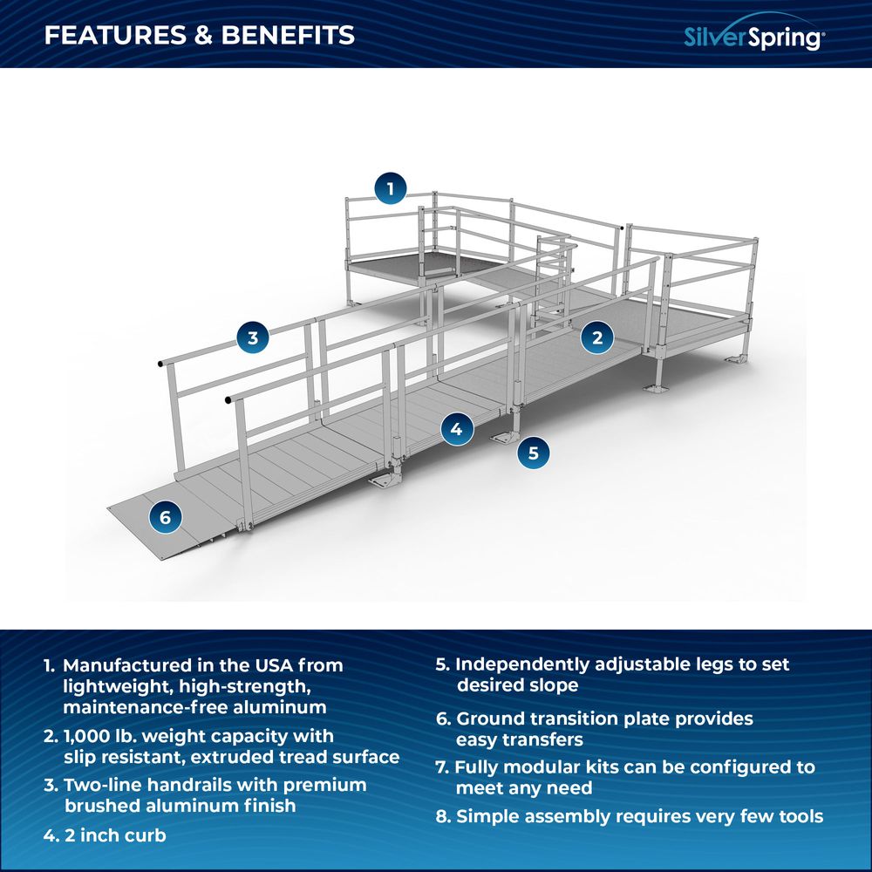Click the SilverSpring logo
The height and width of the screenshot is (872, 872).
(x=753, y=37)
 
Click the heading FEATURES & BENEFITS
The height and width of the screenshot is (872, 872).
(x=200, y=35)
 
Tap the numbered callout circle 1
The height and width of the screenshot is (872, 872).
(x=391, y=187)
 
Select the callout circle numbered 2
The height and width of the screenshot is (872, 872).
(x=597, y=337)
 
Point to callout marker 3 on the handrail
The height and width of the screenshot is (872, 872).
(x=253, y=337)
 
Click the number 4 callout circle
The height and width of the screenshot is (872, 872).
(x=456, y=428)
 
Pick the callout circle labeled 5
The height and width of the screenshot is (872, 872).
(x=534, y=453)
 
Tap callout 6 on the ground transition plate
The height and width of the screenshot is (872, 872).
(x=166, y=517)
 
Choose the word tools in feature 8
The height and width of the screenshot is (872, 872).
(x=793, y=816)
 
